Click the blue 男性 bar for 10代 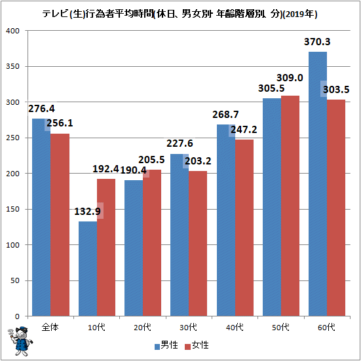tap(88, 269)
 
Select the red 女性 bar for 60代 tap(336, 208)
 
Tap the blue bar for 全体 tap(41, 218)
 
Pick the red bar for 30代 tap(198, 243)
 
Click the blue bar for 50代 tap(272, 207)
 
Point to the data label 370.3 tap(317, 42)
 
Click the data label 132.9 tap(87, 212)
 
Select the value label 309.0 tap(290, 78)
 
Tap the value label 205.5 tap(151, 160)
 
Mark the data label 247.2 tap(244, 130)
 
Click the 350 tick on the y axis tap(12, 66)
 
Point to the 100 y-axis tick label tap(12, 245)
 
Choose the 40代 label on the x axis tap(235, 327)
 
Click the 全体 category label tap(50, 327)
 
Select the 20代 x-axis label tap(143, 327)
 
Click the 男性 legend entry tap(166, 345)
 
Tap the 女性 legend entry tap(197, 345)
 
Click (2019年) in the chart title tap(300, 14)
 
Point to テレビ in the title tap(55, 14)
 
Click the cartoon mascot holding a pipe tap(20, 341)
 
